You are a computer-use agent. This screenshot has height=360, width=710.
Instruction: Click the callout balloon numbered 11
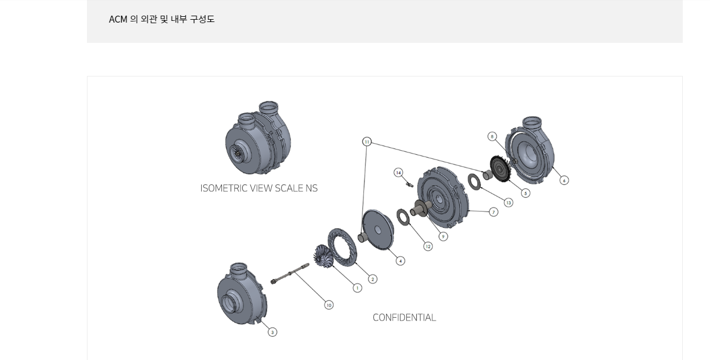point(366,142)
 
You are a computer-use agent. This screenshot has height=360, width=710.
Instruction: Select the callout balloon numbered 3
point(272,332)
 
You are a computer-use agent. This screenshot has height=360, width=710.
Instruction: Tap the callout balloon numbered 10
point(329,305)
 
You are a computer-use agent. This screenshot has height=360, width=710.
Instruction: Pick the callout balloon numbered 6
point(564,180)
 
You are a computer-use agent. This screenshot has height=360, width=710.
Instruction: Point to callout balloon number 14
point(398,172)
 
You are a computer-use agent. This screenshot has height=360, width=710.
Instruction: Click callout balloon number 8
point(492,136)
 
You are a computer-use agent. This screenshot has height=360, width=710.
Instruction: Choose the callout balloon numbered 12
point(428,246)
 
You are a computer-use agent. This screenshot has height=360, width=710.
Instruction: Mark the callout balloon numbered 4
point(400,261)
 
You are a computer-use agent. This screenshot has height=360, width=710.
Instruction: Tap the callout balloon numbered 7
point(493,212)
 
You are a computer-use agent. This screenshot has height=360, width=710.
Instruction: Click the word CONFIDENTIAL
point(404,318)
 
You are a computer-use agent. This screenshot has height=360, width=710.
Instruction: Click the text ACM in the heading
point(118,19)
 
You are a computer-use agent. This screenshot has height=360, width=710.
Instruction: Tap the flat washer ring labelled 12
point(402,217)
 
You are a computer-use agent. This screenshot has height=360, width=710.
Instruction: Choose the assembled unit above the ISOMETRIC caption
point(257,139)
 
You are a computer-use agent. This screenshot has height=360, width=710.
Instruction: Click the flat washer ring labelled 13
point(475,181)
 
